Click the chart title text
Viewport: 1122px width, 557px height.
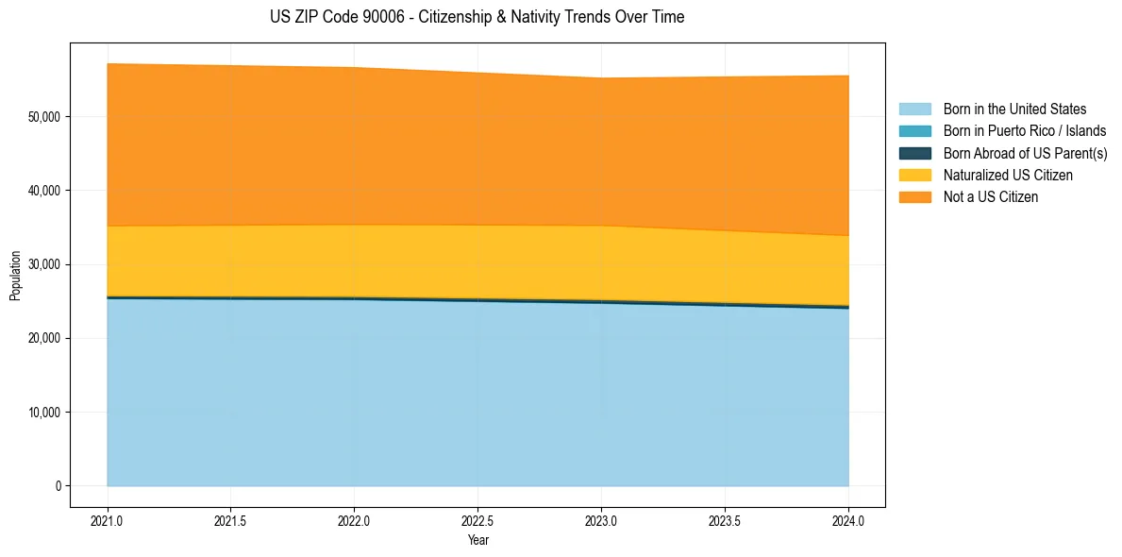point(477,17)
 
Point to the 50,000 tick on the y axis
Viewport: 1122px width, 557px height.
point(44,117)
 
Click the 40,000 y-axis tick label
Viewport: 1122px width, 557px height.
point(44,191)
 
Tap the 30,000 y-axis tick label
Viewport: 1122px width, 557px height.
point(44,264)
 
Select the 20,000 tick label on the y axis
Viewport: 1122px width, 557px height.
point(44,338)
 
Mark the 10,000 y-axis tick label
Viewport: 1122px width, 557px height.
point(44,413)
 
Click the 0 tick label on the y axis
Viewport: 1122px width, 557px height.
point(58,486)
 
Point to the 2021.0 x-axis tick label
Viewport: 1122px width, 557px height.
point(108,520)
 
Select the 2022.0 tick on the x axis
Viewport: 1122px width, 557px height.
point(354,520)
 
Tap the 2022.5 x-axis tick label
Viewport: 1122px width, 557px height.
point(477,520)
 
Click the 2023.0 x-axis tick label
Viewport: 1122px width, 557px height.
point(601,520)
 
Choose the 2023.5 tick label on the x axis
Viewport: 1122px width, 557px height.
point(725,520)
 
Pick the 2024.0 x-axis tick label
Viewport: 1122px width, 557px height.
point(848,520)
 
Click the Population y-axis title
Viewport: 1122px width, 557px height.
point(15,276)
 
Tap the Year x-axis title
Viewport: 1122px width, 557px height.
point(477,540)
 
